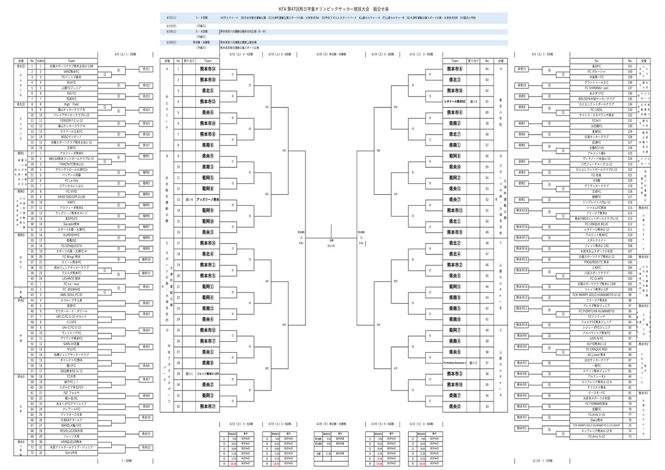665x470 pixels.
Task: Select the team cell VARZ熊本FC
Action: pos(67,72)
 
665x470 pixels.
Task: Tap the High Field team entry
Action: pos(67,104)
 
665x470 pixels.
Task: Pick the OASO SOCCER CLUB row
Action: pos(67,197)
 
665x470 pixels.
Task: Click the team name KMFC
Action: pos(67,203)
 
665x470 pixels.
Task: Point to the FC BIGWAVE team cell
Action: pos(67,289)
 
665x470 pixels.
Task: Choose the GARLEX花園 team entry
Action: pos(67,344)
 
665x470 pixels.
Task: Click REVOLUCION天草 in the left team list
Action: pos(67,431)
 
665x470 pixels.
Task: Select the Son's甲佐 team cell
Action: pos(67,452)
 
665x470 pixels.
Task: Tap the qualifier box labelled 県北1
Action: pos(147,69)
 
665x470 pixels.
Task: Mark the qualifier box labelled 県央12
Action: pos(147,447)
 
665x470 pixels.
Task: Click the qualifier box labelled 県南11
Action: pos(522,69)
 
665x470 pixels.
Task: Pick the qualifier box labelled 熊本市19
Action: pos(522,210)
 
